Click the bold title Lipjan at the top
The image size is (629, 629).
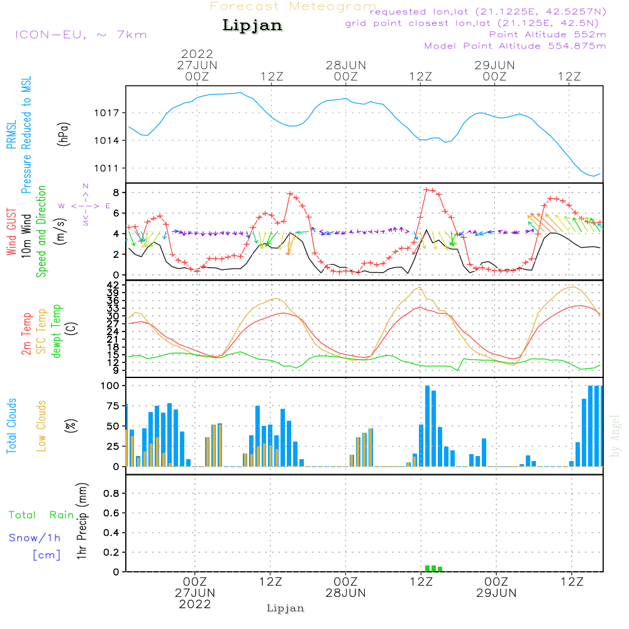(252, 26)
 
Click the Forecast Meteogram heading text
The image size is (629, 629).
(293, 7)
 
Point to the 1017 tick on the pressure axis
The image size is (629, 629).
(111, 113)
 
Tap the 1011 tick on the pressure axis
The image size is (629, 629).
(111, 168)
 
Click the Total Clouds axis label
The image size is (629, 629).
(11, 426)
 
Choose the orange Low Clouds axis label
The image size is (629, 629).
(42, 426)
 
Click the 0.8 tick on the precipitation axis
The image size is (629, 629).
(111, 494)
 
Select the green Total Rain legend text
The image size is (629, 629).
(41, 515)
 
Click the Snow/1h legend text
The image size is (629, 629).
(35, 538)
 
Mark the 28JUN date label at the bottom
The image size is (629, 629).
(345, 593)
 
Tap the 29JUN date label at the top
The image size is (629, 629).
(494, 65)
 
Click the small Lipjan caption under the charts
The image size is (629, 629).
(286, 608)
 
